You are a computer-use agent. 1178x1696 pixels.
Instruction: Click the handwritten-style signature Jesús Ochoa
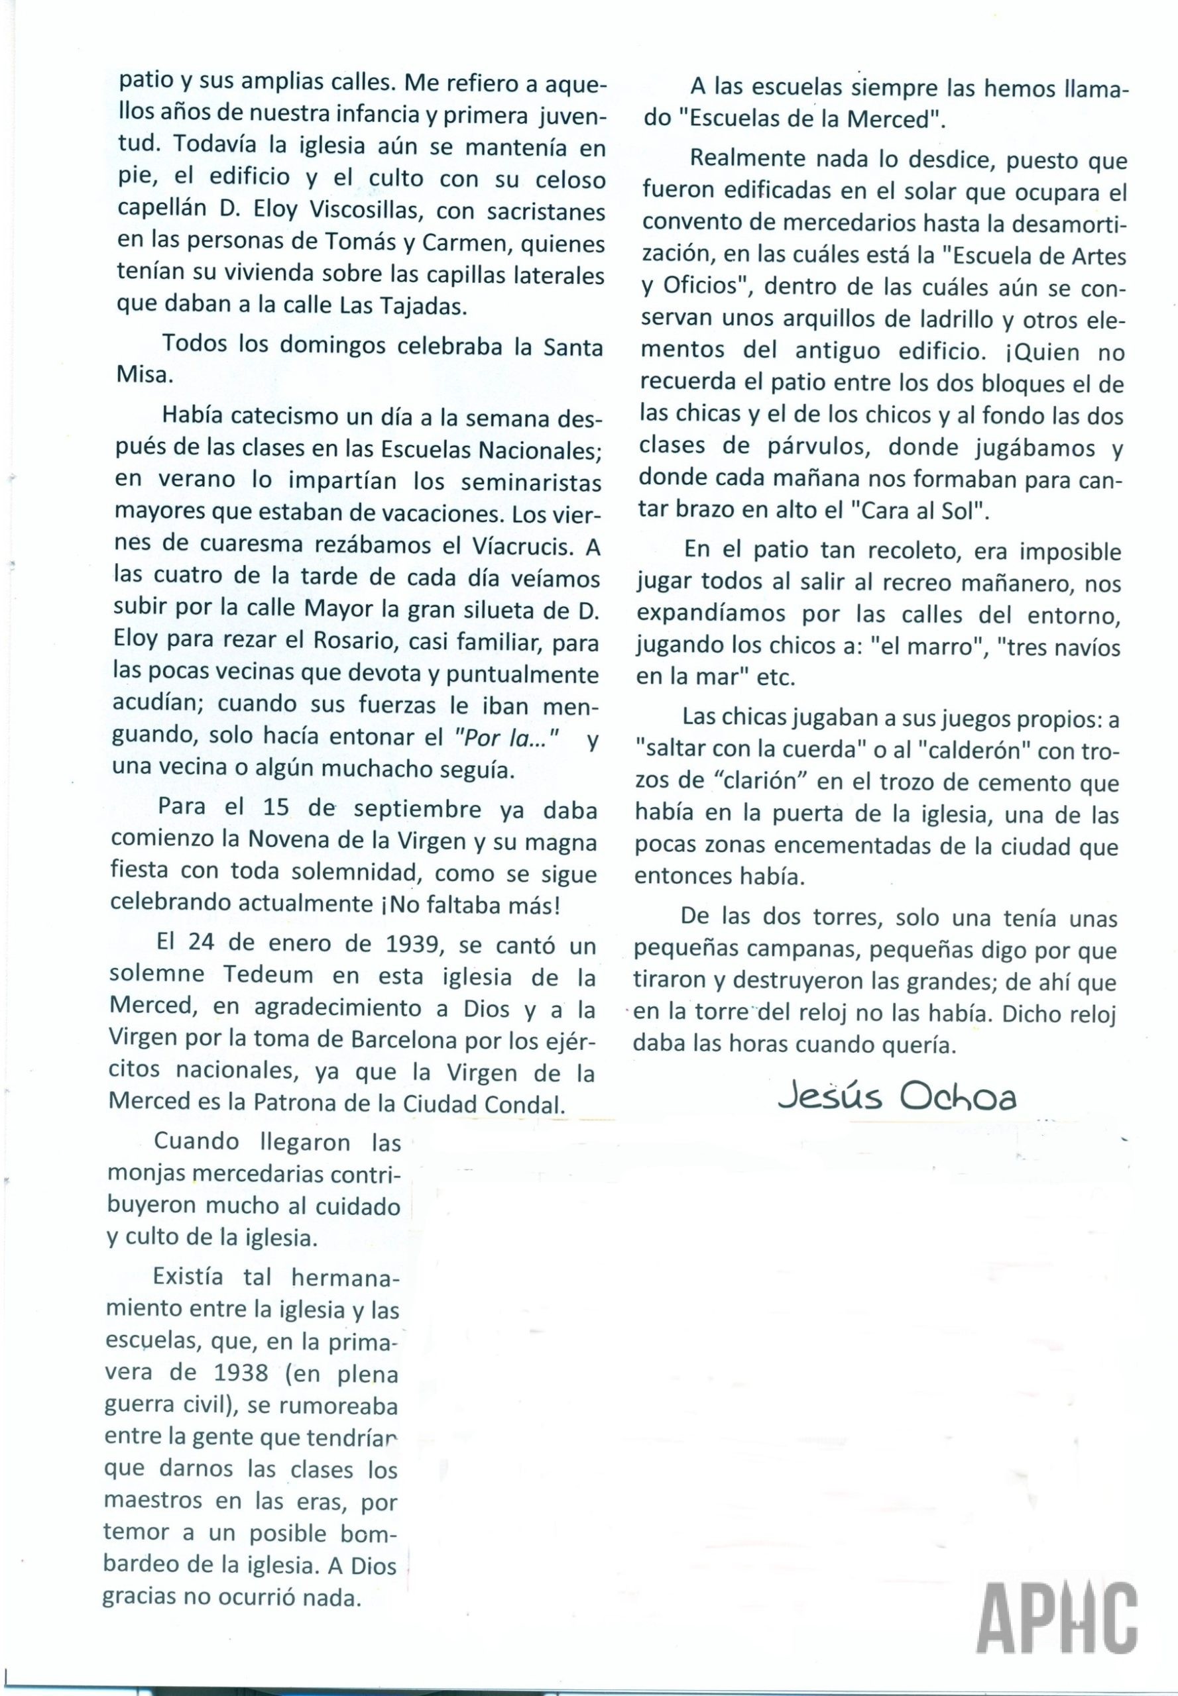(x=897, y=1098)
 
